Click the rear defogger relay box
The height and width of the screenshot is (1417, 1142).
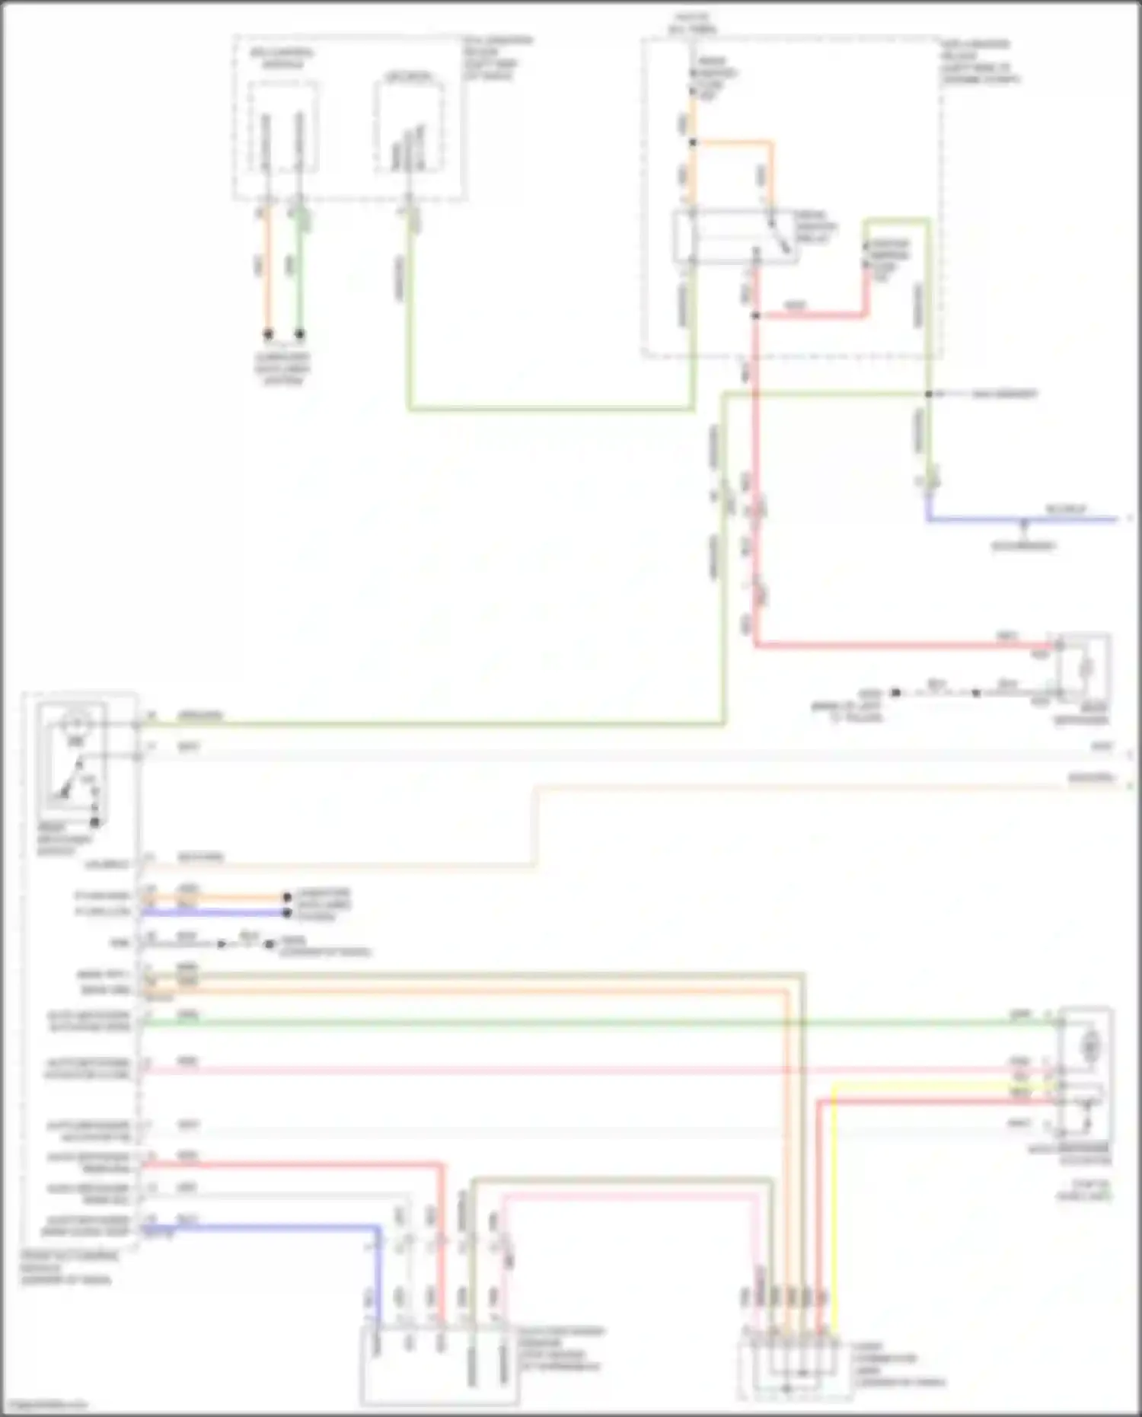(735, 237)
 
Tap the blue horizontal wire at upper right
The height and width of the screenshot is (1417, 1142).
(1020, 520)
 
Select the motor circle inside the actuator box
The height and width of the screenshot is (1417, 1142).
(1090, 1048)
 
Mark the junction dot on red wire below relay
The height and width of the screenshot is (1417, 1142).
(755, 314)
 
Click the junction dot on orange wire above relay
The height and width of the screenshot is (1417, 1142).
(692, 142)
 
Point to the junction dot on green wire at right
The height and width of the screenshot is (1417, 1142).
(928, 394)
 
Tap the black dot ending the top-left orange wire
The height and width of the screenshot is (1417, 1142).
(267, 334)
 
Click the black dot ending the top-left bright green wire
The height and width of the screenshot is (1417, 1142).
(300, 334)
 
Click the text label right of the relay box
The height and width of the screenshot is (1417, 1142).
(816, 227)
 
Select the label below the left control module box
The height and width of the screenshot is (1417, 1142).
(69, 1268)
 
